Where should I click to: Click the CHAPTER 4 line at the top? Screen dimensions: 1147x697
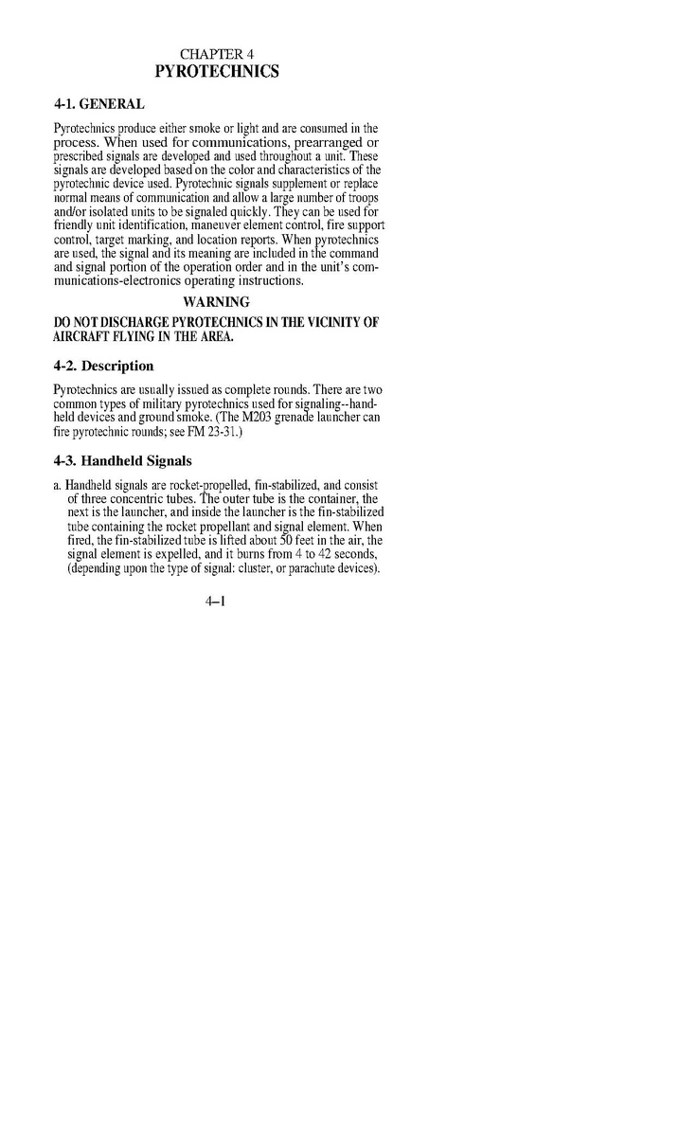217,53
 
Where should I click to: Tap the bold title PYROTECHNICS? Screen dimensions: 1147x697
217,71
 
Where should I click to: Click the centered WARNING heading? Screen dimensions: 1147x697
217,302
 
